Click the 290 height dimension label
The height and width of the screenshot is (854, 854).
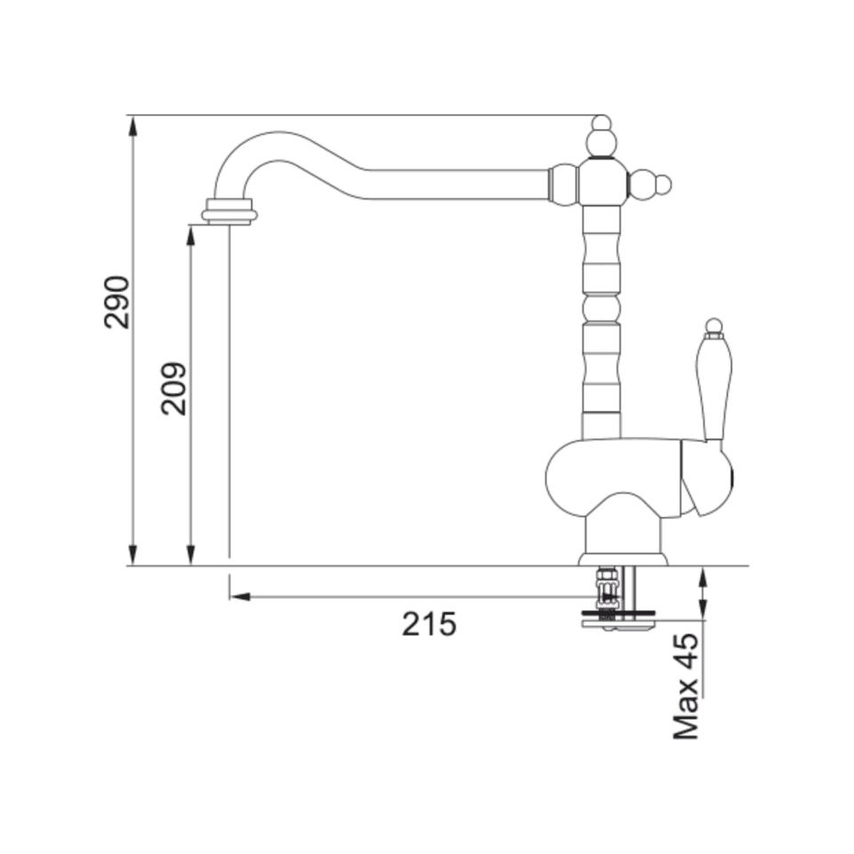pyautogui.click(x=117, y=302)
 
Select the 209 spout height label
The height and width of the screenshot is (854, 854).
pyautogui.click(x=173, y=389)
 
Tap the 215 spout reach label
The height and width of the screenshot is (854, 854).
pyautogui.click(x=429, y=624)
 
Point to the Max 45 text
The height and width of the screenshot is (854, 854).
pyautogui.click(x=686, y=686)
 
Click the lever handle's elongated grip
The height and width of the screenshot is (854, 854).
pyautogui.click(x=714, y=388)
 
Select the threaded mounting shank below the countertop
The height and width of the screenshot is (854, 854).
pyautogui.click(x=608, y=592)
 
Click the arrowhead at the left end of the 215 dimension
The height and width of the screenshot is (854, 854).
pyautogui.click(x=238, y=597)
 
